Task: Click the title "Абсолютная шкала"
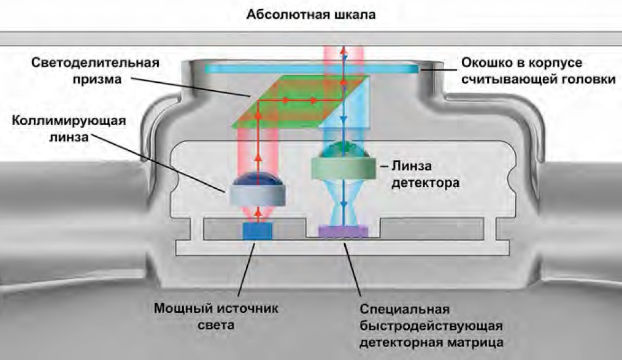310,14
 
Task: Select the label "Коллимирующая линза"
69,128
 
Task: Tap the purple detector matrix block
343,231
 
